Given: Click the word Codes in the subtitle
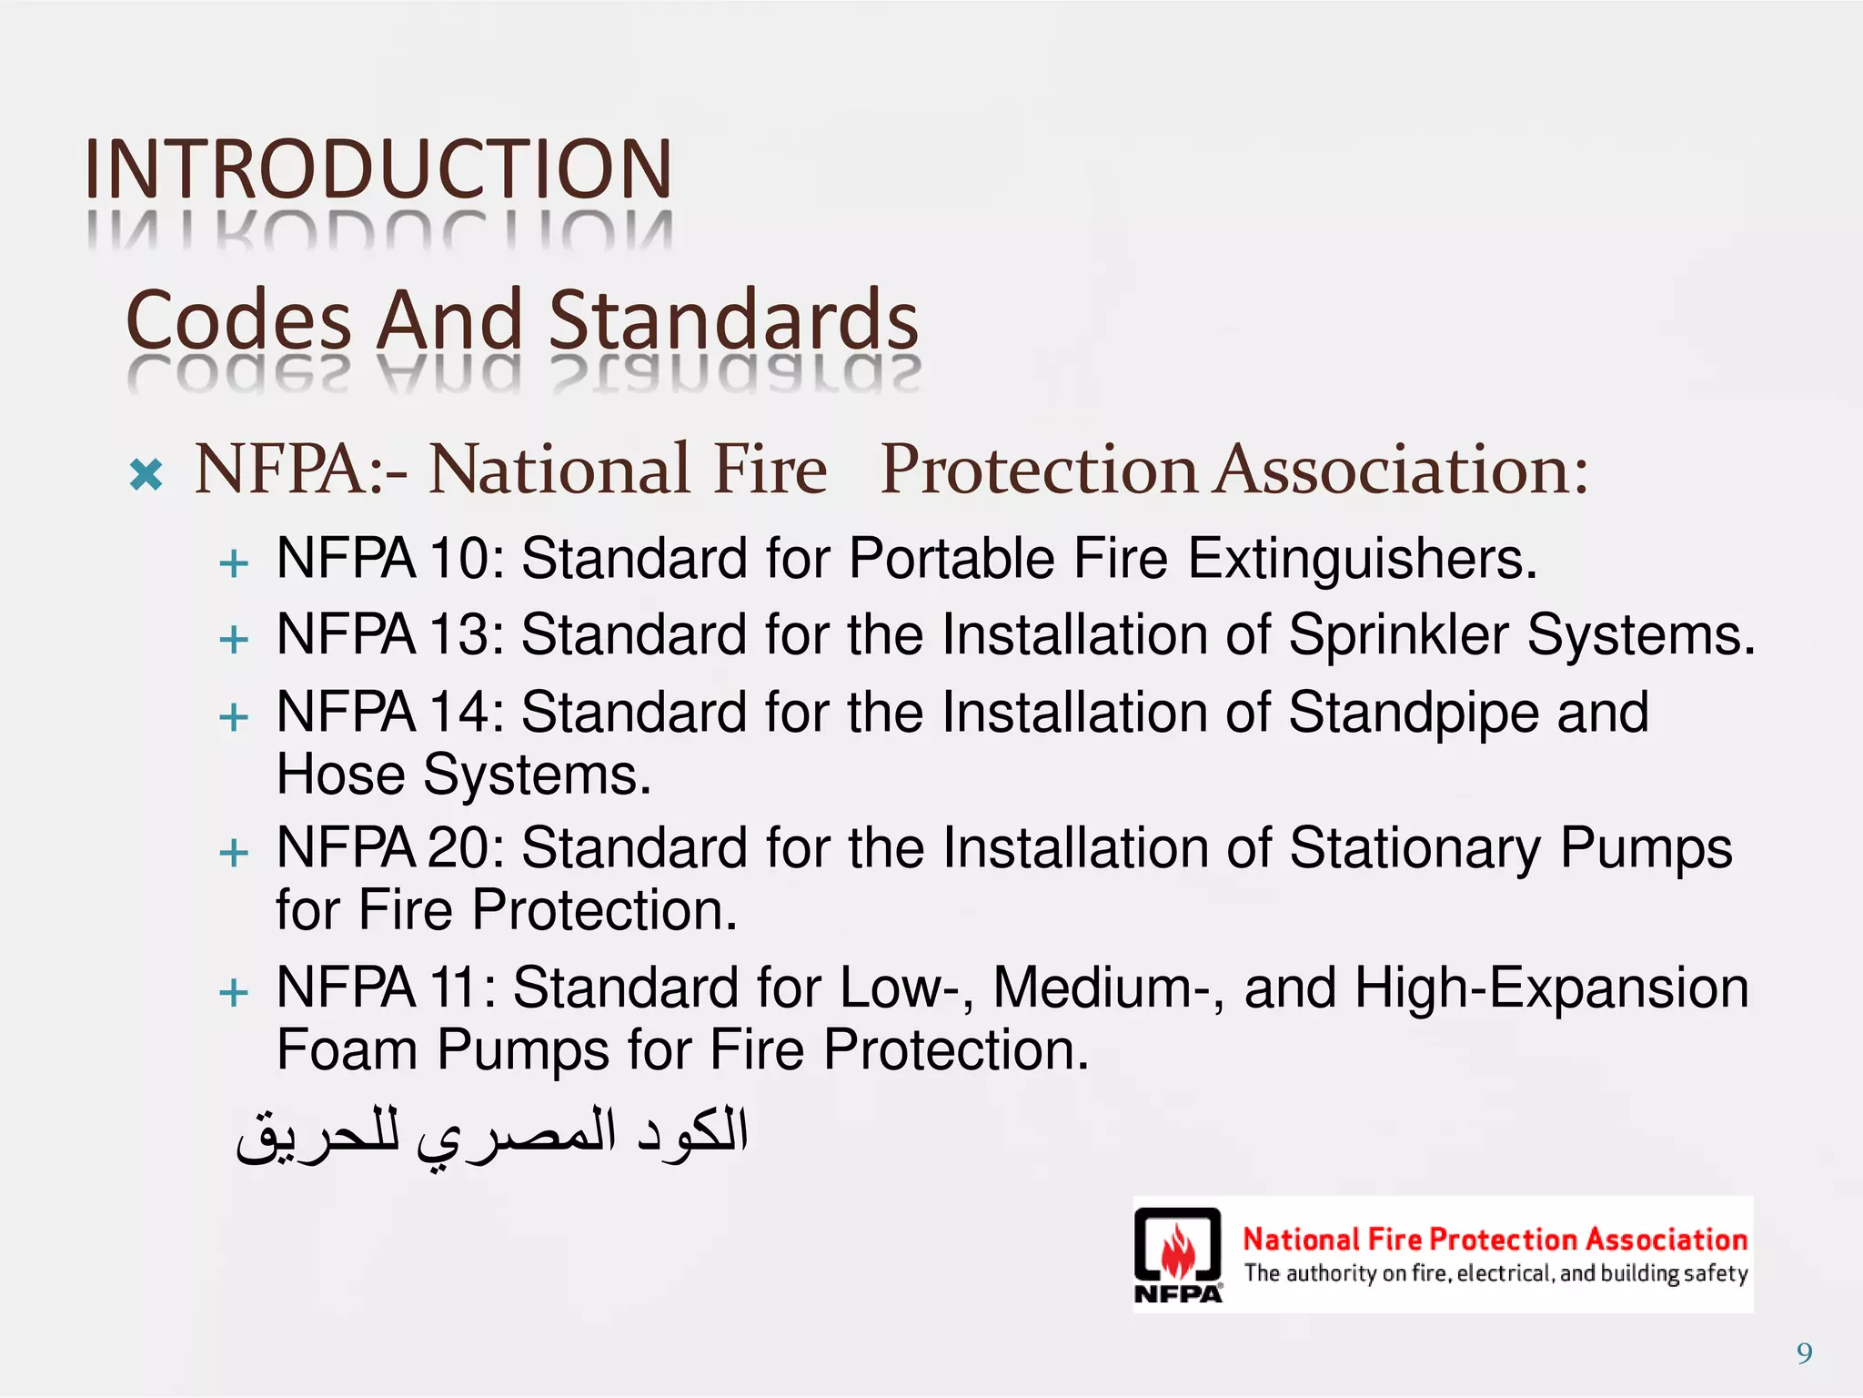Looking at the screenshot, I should point(238,320).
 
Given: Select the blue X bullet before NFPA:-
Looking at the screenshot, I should point(146,474).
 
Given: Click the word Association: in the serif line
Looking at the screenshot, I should point(1403,471).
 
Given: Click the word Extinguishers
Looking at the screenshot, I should point(1362,560).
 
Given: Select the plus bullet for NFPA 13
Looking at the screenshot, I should point(234,639).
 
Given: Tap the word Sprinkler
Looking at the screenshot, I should point(1398,635).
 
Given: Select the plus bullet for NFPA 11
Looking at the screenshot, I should point(234,991).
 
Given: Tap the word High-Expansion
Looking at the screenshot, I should point(1551,988).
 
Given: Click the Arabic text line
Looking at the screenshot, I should point(492,1134).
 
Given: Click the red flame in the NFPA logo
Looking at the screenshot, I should point(1178,1251).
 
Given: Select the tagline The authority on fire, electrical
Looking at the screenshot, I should point(1495,1273).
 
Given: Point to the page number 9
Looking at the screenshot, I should point(1805,1353).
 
